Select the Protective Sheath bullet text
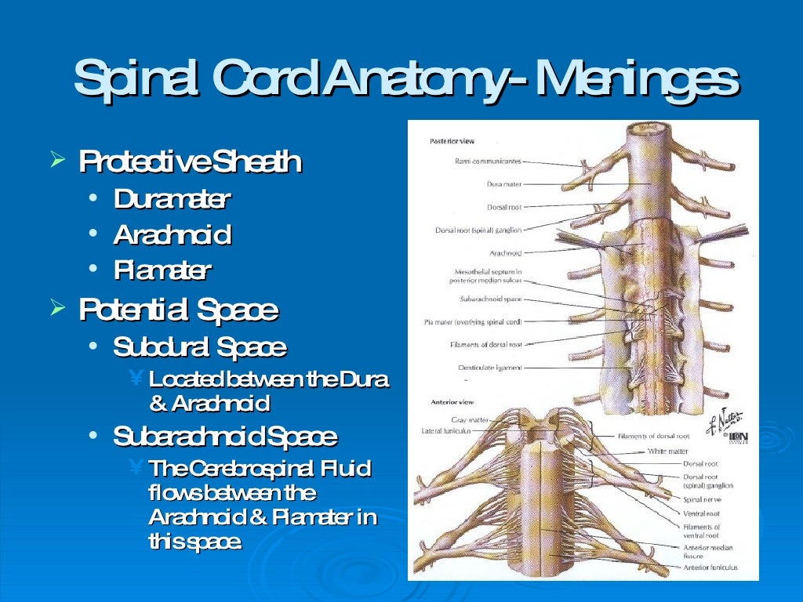[189, 162]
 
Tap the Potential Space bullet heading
[178, 310]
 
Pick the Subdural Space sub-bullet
[199, 346]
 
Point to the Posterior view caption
[452, 142]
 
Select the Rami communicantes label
[488, 161]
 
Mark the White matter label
[668, 451]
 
